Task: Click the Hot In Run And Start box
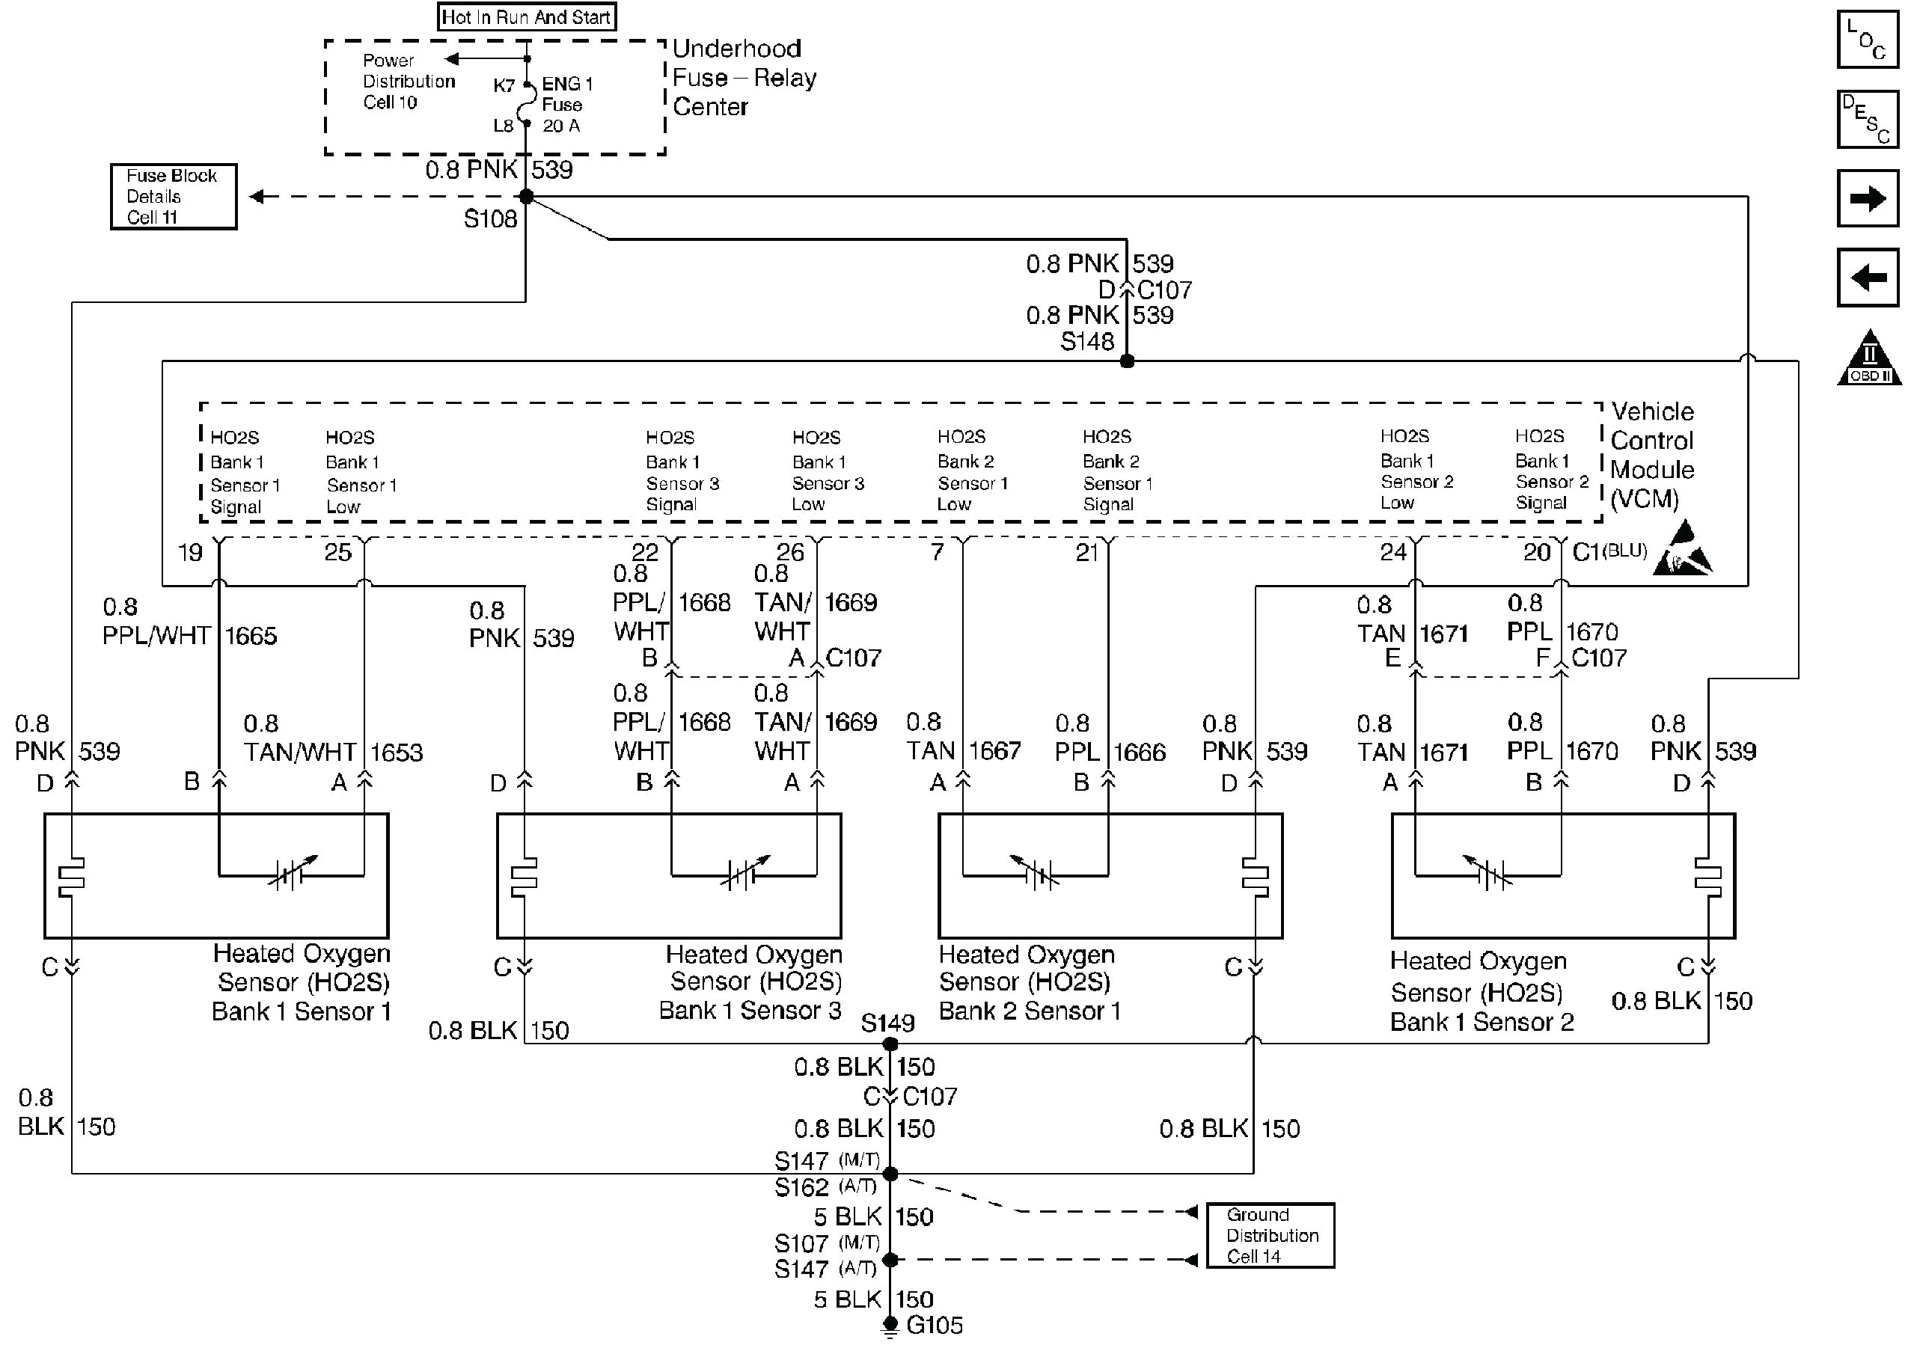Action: (527, 16)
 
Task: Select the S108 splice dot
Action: (527, 197)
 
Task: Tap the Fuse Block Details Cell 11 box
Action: (174, 197)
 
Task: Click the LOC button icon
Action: (1868, 40)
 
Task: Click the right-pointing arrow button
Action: (1868, 198)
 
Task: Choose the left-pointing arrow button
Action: (1868, 277)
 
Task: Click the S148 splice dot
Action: (1128, 361)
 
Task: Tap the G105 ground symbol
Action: (890, 1327)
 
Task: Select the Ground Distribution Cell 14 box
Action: (1271, 1235)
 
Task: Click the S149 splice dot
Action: (890, 1044)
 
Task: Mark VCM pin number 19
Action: (190, 554)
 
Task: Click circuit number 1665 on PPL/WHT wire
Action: (251, 636)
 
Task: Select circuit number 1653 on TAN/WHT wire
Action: (397, 753)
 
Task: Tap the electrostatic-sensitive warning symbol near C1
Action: (1682, 551)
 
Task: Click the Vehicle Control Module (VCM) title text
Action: (1651, 455)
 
